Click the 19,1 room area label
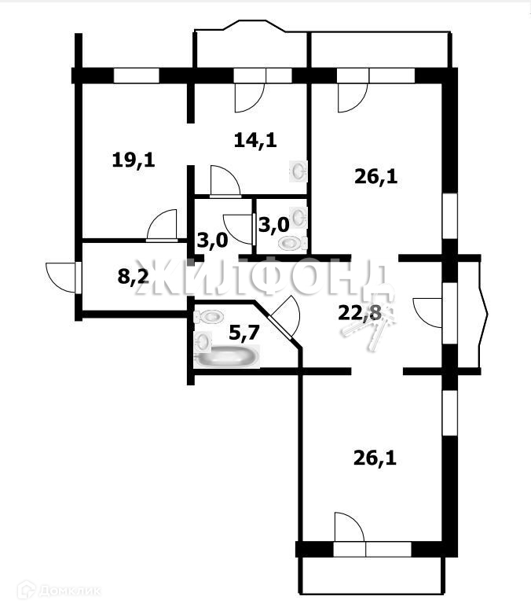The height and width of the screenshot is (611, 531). point(134,160)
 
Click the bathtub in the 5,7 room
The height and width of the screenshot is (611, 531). point(229,357)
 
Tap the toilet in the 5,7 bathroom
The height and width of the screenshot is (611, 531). point(211,316)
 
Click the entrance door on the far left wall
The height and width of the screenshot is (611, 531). point(61,276)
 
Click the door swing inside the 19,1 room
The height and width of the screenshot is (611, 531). point(162,226)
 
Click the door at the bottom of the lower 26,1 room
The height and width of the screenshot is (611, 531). point(348,528)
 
